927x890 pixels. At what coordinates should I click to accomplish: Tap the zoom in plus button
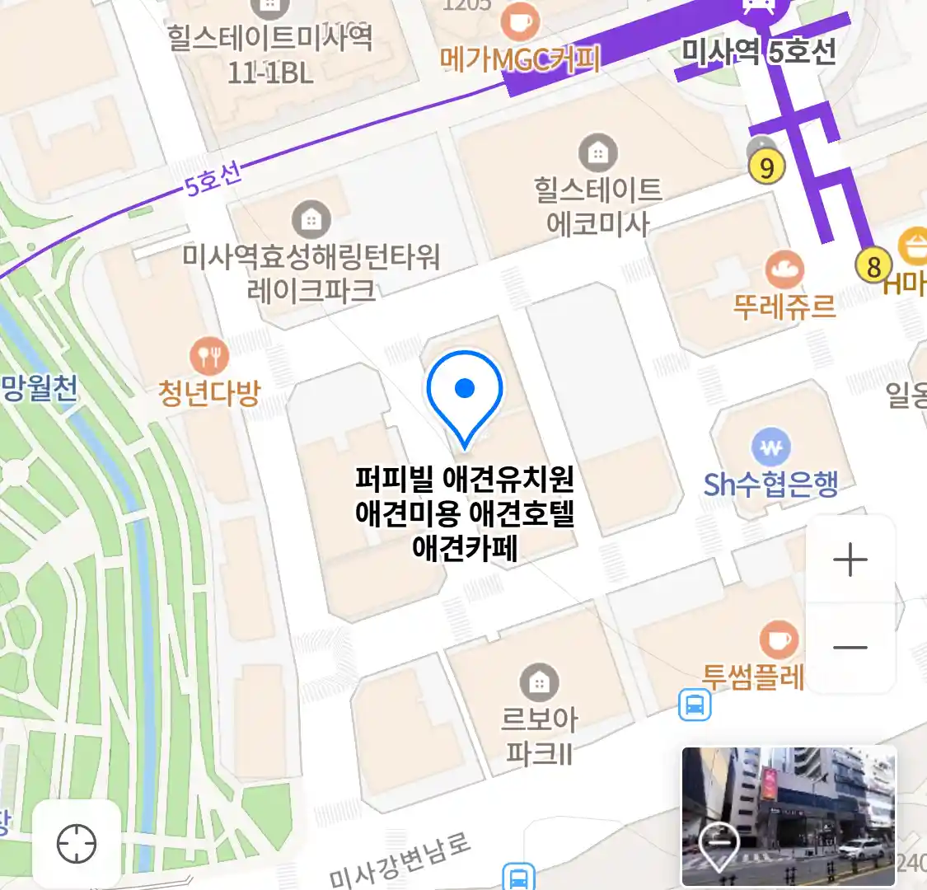coord(850,560)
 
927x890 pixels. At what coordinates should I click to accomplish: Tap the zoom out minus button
coord(850,648)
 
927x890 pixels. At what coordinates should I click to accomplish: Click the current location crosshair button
coord(77,844)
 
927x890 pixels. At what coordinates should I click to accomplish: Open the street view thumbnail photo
coord(788,816)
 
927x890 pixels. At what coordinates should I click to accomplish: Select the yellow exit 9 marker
coord(766,167)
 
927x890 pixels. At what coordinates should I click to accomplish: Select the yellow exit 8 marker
coord(873,266)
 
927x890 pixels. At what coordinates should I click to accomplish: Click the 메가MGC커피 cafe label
coord(519,59)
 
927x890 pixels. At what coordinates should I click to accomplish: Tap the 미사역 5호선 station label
coord(758,52)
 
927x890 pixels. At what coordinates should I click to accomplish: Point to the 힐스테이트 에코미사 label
coord(597,207)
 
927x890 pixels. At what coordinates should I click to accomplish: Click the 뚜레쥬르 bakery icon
coord(784,269)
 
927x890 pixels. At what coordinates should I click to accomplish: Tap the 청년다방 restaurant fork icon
coord(209,356)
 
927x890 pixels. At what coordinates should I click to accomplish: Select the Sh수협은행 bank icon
coord(770,447)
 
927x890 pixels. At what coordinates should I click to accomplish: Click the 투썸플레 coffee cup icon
coord(777,639)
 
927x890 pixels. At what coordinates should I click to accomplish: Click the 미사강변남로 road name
coord(399,860)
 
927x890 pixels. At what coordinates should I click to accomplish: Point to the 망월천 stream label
coord(39,387)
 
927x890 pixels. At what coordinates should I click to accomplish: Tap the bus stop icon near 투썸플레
coord(695,705)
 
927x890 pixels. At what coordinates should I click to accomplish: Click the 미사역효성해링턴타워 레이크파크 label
coord(311,273)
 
